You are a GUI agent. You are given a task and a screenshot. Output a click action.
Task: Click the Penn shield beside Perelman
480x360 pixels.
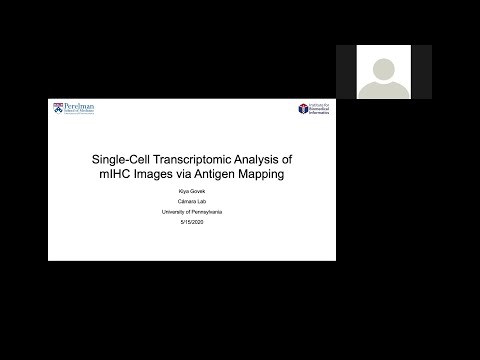coord(58,108)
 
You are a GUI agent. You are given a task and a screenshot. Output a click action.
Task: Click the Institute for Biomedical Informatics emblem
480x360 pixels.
coord(302,108)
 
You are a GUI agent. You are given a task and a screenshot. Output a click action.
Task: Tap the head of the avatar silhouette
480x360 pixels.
coord(383,67)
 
